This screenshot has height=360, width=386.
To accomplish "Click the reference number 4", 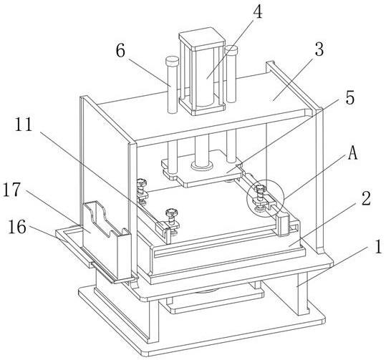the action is pyautogui.click(x=257, y=11).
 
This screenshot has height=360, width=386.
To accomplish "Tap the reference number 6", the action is pyautogui.click(x=120, y=52).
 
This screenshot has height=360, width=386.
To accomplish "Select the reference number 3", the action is pyautogui.click(x=319, y=49).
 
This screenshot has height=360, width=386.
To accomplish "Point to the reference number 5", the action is pyautogui.click(x=349, y=97).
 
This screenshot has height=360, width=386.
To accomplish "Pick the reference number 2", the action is pyautogui.click(x=366, y=198).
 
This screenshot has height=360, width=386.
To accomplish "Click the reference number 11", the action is pyautogui.click(x=24, y=125).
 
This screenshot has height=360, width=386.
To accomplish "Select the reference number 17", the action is pyautogui.click(x=11, y=190).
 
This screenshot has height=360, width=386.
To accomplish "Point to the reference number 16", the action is pyautogui.click(x=17, y=227).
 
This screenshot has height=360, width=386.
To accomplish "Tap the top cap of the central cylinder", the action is pyautogui.click(x=202, y=39).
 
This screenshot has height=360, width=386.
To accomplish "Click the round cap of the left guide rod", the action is pyautogui.click(x=172, y=61).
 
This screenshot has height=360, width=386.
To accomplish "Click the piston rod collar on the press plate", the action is pyautogui.click(x=201, y=165).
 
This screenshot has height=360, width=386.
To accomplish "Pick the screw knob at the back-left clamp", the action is pyautogui.click(x=143, y=183).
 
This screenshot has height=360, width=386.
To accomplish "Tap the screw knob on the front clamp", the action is pyautogui.click(x=170, y=212).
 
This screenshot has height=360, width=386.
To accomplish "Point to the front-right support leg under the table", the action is pyautogui.click(x=302, y=293).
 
